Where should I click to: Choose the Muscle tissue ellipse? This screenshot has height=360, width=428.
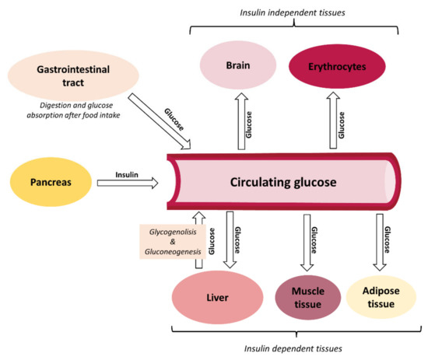pyautogui.click(x=308, y=296)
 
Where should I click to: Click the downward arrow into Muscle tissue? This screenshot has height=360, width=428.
pyautogui.click(x=307, y=243)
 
